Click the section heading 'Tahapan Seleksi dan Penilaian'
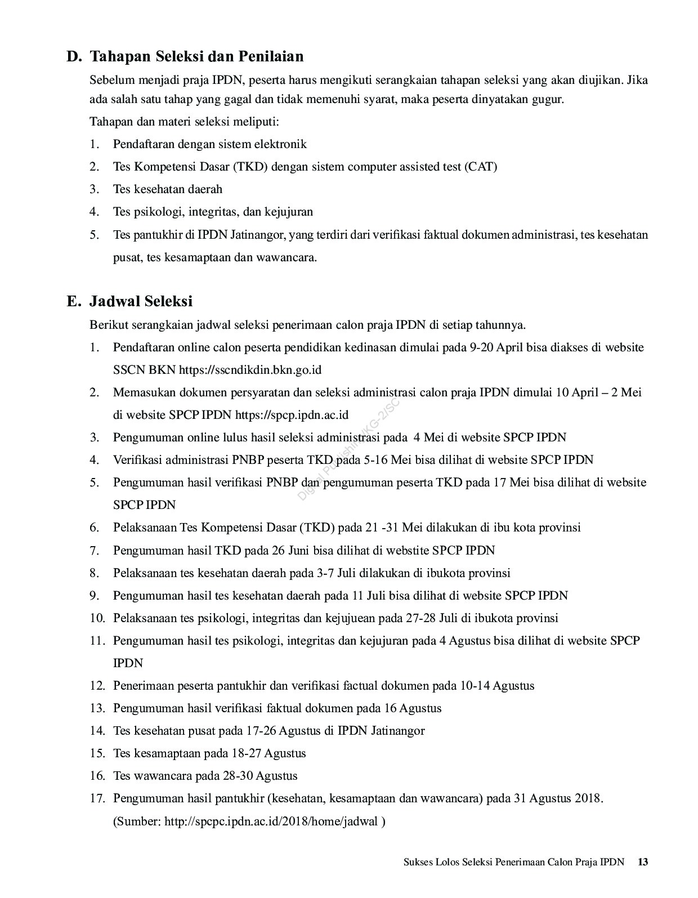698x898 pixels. coord(196,56)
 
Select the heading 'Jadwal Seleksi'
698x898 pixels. coord(141,301)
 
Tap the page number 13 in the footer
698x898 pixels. coord(643,862)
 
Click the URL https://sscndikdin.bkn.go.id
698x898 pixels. coord(250,370)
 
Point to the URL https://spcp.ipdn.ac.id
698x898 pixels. coord(292,415)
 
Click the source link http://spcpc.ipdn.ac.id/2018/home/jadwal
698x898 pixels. coord(271,821)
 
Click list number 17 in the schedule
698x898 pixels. coord(97,798)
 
